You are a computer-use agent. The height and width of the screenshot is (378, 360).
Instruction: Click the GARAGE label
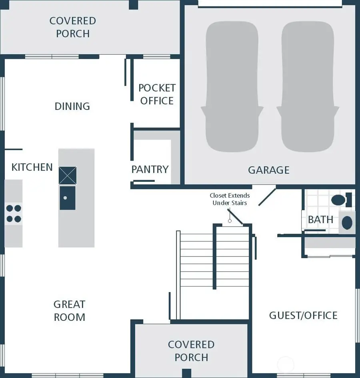(x=268, y=170)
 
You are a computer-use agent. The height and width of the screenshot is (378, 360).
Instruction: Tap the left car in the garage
(x=232, y=87)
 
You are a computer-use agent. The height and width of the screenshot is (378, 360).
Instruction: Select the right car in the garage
(x=308, y=87)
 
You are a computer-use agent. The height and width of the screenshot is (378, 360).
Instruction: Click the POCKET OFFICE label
(x=157, y=94)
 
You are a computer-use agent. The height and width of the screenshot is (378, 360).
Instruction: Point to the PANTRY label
(x=150, y=169)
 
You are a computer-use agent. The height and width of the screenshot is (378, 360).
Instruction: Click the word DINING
(x=72, y=106)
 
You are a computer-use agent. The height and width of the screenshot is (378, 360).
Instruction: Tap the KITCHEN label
(x=32, y=167)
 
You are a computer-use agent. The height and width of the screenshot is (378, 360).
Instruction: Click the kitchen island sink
(x=67, y=197)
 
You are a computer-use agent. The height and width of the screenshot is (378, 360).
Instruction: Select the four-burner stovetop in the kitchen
(x=14, y=213)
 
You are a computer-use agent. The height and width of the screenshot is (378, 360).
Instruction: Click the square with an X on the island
(x=67, y=175)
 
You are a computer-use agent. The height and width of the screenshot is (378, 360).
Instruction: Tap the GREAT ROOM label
(x=69, y=311)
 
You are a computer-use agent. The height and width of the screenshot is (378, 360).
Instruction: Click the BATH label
(x=320, y=219)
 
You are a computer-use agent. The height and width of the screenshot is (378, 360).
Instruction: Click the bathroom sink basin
(x=347, y=222)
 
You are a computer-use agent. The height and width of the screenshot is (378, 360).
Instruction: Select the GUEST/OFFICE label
(x=303, y=315)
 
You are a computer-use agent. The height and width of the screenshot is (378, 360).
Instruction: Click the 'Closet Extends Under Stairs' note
(x=230, y=199)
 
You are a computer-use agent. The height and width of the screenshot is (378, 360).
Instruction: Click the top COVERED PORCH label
(x=72, y=27)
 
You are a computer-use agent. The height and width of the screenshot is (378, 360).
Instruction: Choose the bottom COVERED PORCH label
(x=191, y=350)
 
